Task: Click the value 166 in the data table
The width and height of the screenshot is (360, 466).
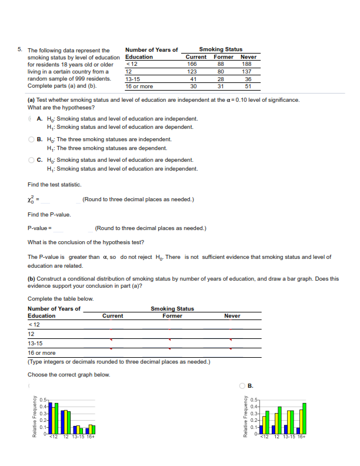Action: click(192, 64)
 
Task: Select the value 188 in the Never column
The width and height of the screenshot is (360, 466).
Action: click(248, 64)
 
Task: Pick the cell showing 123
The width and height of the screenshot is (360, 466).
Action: click(192, 71)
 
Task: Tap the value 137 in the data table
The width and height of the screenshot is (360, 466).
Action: click(248, 71)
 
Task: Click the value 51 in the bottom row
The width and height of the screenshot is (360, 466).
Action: click(248, 86)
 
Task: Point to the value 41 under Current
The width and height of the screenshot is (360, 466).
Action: click(192, 79)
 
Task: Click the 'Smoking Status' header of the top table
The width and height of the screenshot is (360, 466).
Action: click(221, 49)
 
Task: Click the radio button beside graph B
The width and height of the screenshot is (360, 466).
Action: click(242, 387)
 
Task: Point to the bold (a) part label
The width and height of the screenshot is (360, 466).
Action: click(32, 100)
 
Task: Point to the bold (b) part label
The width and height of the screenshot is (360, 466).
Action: click(32, 279)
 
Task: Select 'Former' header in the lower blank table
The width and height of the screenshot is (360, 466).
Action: click(172, 316)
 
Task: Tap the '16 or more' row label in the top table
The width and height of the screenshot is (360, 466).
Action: click(139, 86)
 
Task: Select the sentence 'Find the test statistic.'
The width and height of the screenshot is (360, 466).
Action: click(55, 185)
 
